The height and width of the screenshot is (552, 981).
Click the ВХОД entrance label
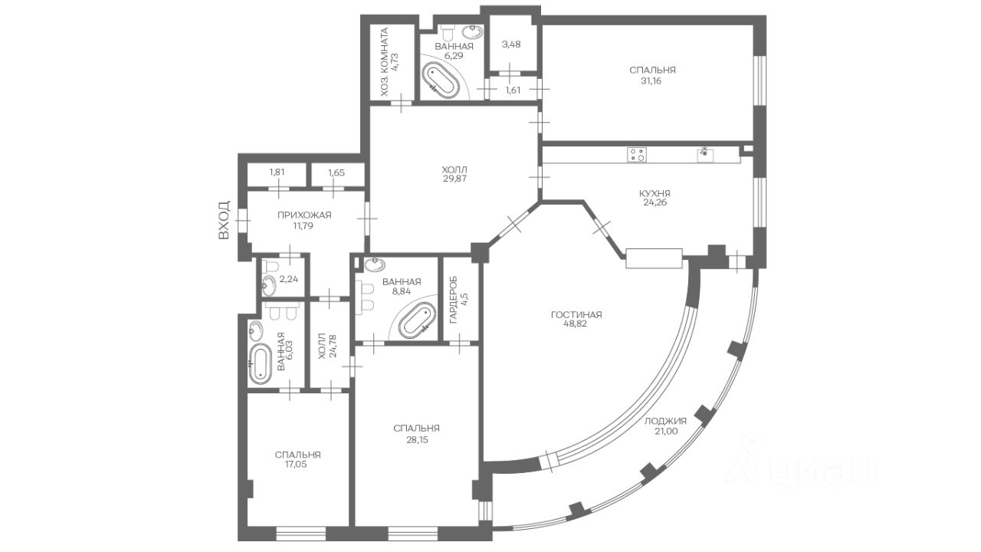[x=224, y=220]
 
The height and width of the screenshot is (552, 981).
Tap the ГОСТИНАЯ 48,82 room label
[x=576, y=320]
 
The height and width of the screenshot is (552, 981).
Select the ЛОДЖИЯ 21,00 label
[x=665, y=426]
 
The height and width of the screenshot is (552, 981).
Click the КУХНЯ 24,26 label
[x=655, y=198]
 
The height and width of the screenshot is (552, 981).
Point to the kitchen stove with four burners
[x=637, y=155]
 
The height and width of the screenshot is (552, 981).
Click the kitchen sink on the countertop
[x=705, y=154]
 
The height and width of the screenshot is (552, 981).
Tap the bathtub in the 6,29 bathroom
[x=441, y=79]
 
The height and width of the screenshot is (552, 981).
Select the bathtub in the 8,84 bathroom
[x=418, y=320]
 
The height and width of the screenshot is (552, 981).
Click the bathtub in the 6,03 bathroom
[x=260, y=364]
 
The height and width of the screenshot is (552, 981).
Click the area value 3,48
[x=511, y=44]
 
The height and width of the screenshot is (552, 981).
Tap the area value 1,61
[x=513, y=90]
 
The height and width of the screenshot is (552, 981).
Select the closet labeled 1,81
[x=277, y=174]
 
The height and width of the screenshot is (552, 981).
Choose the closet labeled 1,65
[x=338, y=174]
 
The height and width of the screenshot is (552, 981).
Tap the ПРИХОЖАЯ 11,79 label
[x=304, y=220]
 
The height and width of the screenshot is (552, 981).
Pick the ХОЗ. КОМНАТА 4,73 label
[x=389, y=62]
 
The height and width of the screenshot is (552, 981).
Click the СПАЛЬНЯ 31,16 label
[x=652, y=75]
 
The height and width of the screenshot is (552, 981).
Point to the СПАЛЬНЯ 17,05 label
[x=298, y=459]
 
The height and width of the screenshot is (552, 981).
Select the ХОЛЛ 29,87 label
[x=454, y=174]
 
